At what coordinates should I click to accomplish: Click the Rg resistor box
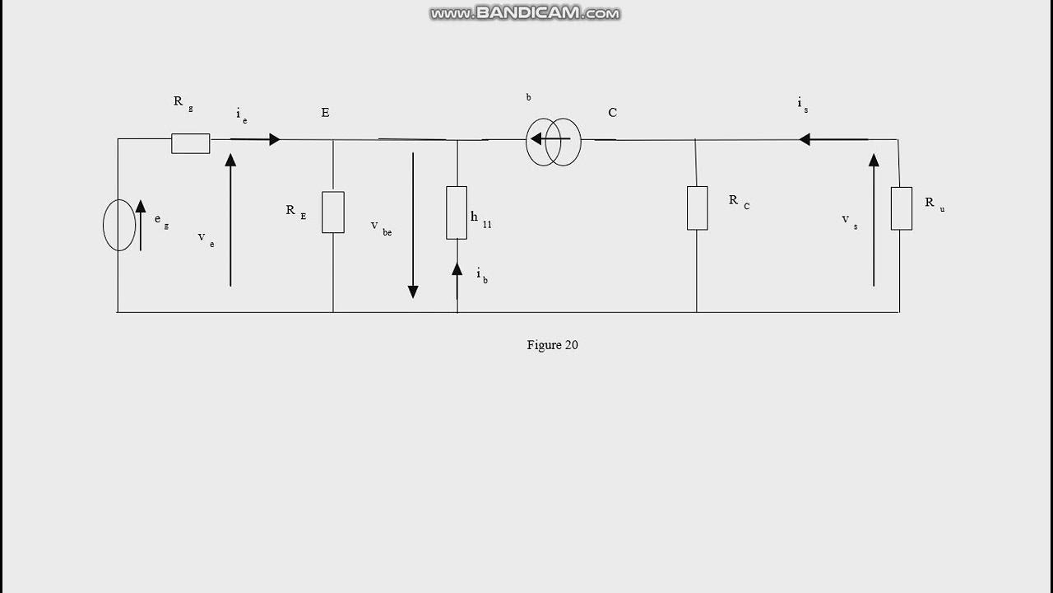tap(190, 143)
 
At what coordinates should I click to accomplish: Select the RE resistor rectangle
tap(333, 212)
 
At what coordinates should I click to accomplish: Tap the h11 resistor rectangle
tap(457, 212)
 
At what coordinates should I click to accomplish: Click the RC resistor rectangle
tap(697, 208)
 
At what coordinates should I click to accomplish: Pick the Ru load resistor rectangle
tap(901, 208)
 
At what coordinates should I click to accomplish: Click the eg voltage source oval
tap(119, 225)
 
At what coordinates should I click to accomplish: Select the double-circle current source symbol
tap(554, 142)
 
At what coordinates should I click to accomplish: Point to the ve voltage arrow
tap(230, 220)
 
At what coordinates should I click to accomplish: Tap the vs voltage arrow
tap(874, 220)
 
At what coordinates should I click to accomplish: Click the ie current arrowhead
tap(275, 139)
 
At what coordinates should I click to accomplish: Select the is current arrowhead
tap(805, 139)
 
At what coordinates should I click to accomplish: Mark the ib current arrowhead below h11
tap(457, 268)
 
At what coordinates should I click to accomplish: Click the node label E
tap(325, 113)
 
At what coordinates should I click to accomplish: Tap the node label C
tap(612, 113)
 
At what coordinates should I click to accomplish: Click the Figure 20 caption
tap(552, 345)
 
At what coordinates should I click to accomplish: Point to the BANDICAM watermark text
tap(525, 13)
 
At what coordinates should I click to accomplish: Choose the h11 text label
tap(480, 218)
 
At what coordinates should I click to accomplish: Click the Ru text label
tap(934, 203)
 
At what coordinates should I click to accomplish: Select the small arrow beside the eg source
tap(141, 224)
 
